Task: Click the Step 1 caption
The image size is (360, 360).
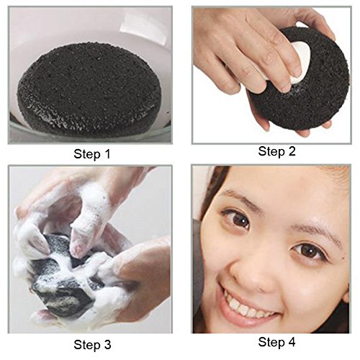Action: pos(92,154)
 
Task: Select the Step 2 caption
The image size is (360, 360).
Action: pos(276,152)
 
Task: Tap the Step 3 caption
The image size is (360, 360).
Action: pos(92,345)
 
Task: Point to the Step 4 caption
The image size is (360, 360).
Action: pos(276,342)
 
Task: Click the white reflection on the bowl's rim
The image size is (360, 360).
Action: pos(143,27)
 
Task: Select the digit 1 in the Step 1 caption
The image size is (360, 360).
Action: pos(107,154)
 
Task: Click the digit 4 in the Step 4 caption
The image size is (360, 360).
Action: pos(292,342)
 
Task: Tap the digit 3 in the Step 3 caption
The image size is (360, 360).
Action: pos(107,345)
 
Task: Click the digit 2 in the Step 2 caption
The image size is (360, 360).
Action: pos(292,151)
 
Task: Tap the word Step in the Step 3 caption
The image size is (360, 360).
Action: pos(87,346)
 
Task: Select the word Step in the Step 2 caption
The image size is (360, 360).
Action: pos(271,152)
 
